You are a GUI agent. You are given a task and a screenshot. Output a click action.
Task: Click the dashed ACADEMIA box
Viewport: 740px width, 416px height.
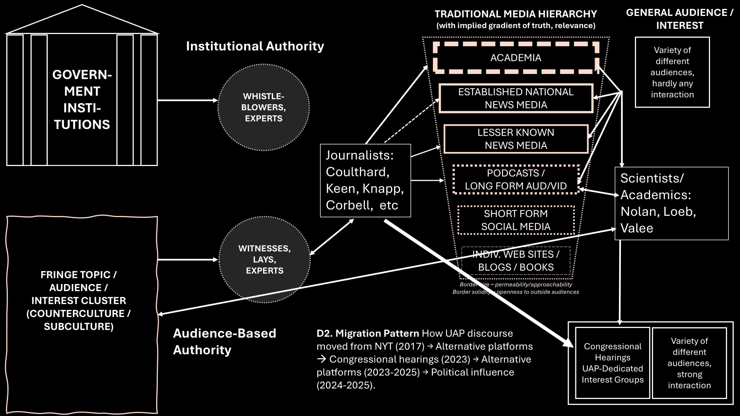(x=516, y=58)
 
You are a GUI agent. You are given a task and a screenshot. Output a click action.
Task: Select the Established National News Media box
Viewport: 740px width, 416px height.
(x=516, y=98)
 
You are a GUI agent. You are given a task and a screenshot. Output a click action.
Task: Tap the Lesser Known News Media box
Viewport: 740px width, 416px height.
(x=516, y=139)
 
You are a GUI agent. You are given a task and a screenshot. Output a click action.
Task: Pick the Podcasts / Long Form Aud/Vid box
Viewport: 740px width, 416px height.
(x=516, y=180)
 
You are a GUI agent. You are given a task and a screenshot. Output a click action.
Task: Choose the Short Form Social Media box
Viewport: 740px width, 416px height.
(x=516, y=220)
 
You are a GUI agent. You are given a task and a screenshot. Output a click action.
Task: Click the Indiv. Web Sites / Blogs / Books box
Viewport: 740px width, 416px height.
(x=516, y=261)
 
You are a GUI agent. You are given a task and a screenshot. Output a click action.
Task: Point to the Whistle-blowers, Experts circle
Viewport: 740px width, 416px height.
(x=263, y=108)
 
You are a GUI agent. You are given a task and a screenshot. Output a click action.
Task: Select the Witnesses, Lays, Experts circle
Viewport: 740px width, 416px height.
(x=264, y=260)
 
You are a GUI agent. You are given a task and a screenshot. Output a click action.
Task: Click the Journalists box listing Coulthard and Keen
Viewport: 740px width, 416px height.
(x=365, y=180)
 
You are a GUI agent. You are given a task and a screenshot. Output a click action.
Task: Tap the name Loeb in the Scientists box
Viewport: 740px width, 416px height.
(x=679, y=212)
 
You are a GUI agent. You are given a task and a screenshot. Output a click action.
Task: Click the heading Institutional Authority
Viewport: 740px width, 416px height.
(x=255, y=46)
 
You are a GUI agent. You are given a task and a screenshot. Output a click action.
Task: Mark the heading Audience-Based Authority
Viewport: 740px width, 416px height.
(x=224, y=342)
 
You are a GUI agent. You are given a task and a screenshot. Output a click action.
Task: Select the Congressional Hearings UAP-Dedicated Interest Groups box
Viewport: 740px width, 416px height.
(x=612, y=363)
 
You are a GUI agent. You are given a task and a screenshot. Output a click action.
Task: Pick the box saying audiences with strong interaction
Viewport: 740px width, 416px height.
(x=689, y=363)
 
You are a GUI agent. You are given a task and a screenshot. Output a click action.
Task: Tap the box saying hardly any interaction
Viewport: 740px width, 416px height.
(x=672, y=72)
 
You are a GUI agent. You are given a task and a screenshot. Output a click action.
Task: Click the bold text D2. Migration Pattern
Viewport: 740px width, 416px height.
(x=368, y=334)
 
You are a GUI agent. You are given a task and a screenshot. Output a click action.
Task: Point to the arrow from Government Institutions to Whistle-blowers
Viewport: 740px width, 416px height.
(x=187, y=100)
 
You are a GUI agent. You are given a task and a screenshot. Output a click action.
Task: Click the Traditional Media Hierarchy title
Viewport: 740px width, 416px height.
(x=515, y=14)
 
